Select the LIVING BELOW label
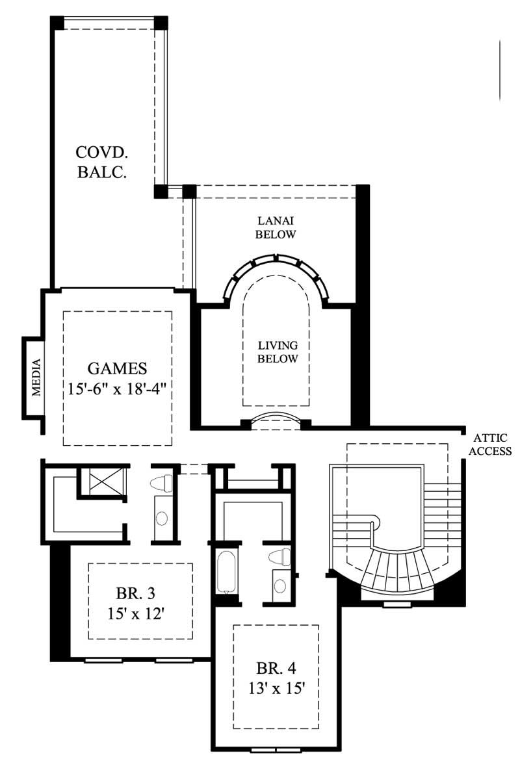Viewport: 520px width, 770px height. click(278, 352)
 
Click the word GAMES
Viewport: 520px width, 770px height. click(117, 368)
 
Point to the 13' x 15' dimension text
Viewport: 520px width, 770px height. click(276, 687)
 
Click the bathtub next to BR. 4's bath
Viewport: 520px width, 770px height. click(226, 572)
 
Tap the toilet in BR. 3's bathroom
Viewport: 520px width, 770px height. click(162, 483)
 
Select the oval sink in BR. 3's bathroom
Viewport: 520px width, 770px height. click(161, 518)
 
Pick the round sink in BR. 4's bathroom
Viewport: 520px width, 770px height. click(280, 585)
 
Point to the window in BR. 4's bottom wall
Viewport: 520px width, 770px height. click(276, 751)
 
